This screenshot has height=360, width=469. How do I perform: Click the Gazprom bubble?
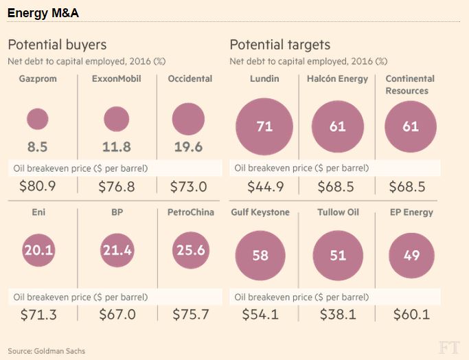pyautogui.click(x=37, y=120)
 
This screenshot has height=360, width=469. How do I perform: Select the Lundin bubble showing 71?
pyautogui.click(x=264, y=126)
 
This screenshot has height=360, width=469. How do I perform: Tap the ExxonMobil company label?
pyautogui.click(x=116, y=79)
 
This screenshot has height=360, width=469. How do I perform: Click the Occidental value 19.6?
pyautogui.click(x=189, y=147)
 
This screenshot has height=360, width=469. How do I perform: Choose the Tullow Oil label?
pyautogui.click(x=337, y=212)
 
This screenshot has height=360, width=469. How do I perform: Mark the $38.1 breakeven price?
pyautogui.click(x=337, y=314)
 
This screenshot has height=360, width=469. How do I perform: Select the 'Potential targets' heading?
pyautogui.click(x=279, y=45)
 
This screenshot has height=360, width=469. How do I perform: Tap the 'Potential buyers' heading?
pyautogui.click(x=57, y=45)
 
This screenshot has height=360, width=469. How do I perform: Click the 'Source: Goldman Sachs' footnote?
pyautogui.click(x=47, y=351)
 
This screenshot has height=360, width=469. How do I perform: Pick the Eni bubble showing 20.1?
pyautogui.click(x=38, y=251)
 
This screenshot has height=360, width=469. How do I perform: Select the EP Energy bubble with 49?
pyautogui.click(x=411, y=255)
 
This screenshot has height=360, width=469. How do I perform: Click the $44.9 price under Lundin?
pyautogui.click(x=264, y=187)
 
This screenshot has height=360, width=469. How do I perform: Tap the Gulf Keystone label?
pyautogui.click(x=261, y=212)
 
